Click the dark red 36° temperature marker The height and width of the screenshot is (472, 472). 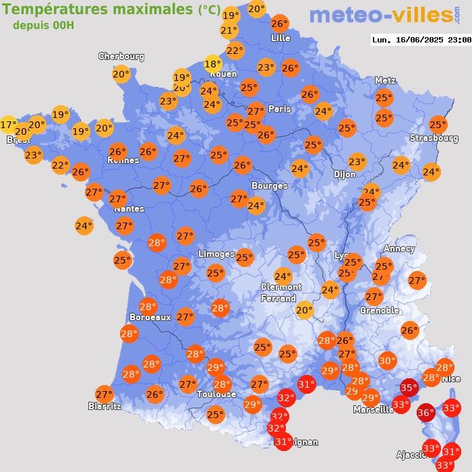point(425,413)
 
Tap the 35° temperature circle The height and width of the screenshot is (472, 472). point(409,388)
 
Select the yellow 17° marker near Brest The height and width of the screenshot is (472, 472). point(8,125)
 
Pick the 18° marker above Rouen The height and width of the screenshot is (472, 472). point(212,64)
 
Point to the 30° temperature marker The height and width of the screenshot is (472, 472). point(387,361)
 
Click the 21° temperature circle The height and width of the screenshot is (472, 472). point(229,30)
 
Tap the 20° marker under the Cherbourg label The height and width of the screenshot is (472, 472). point(121,74)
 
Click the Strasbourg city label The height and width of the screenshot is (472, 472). point(434,138)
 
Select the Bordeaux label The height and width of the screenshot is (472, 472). point(149,317)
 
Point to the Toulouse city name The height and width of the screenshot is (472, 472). point(216,394)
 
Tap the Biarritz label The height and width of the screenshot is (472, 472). point(105,406)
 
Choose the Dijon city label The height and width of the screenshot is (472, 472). point(344,174)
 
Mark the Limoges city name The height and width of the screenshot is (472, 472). point(216,254)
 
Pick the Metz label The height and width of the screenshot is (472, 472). point(384,80)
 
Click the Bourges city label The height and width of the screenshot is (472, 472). point(269,185)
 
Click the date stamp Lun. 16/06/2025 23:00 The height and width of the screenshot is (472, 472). point(421,40)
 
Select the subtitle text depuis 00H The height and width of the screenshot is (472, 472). point(43,25)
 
